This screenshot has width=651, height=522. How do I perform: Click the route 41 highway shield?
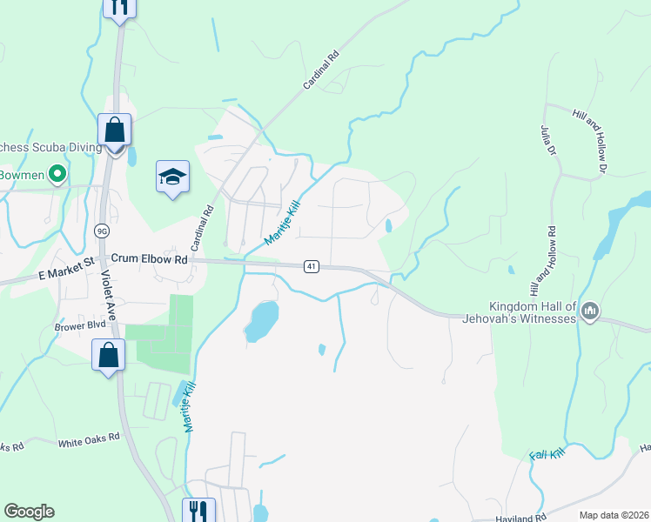pos(310,266)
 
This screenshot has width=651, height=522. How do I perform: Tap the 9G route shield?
pos(102,231)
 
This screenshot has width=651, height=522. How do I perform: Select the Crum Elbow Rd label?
pos(150,259)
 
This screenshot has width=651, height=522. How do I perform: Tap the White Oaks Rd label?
pos(88,441)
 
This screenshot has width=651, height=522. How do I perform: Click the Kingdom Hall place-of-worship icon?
pos(589,311)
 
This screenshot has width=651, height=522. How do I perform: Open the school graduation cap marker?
pos(172,177)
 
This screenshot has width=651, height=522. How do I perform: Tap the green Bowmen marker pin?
pos(58,174)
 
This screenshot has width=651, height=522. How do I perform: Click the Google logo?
pos(29,512)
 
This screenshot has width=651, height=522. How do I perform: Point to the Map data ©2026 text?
pos(614,515)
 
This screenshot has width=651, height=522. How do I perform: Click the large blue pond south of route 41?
pos(261,320)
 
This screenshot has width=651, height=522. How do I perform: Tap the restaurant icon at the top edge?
pos(118,7)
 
